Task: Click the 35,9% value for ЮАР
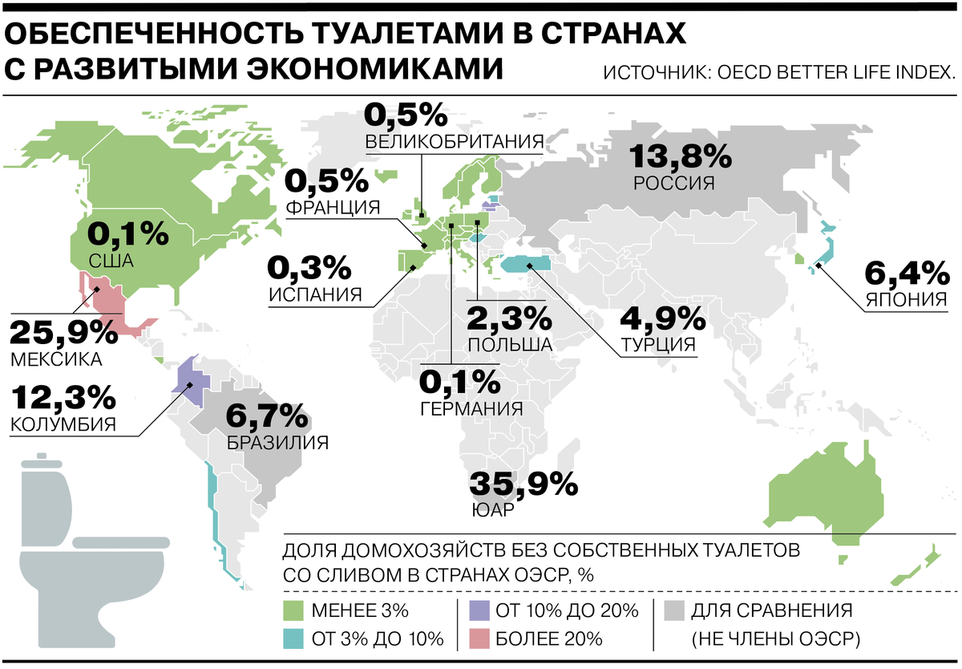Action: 523,484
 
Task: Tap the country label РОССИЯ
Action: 673,183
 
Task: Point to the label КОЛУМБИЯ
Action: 63,424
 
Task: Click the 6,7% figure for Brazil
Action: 267,416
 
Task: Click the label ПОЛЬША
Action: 509,344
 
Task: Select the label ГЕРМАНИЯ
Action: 471,407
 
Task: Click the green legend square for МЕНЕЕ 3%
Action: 293,611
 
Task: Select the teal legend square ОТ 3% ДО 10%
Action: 293,639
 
